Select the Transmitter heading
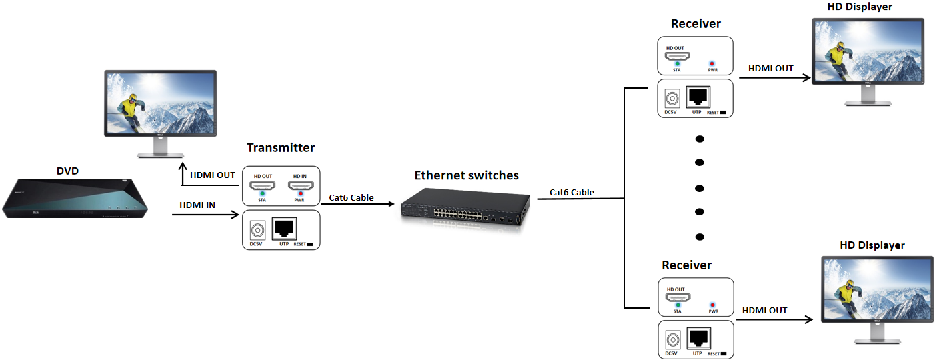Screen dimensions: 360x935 pos(280,147)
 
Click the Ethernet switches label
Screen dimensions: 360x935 pos(466,175)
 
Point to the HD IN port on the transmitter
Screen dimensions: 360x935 pos(299,186)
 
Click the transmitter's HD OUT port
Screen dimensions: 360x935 pos(262,186)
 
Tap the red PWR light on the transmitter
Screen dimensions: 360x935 pos(300,195)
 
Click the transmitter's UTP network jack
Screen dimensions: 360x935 pos(284,229)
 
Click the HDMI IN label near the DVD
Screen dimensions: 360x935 pos(197,205)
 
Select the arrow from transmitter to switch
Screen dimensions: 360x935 pos(361,205)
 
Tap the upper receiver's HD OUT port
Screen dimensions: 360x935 pos(677,57)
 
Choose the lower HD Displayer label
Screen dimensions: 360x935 pos(872,245)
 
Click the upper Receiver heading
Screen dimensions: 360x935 pos(696,24)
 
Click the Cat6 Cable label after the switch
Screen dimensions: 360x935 pos(572,192)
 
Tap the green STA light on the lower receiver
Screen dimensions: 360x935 pos(677,304)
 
